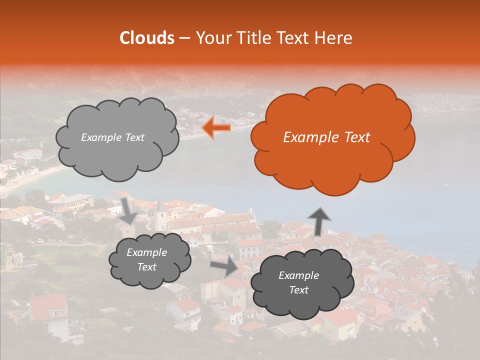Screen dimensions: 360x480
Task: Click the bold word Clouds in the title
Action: (x=147, y=38)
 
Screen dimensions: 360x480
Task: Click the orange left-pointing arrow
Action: (x=216, y=128)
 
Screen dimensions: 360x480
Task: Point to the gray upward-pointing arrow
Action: (x=319, y=220)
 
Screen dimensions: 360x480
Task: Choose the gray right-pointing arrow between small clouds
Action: (x=224, y=266)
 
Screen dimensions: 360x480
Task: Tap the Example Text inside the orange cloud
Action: (x=326, y=137)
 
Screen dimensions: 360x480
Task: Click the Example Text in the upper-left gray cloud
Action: (x=112, y=137)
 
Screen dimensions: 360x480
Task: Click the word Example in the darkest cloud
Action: (x=298, y=275)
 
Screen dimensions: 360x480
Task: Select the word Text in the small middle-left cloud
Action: (x=146, y=267)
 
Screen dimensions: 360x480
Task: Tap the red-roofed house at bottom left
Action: (x=48, y=307)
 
